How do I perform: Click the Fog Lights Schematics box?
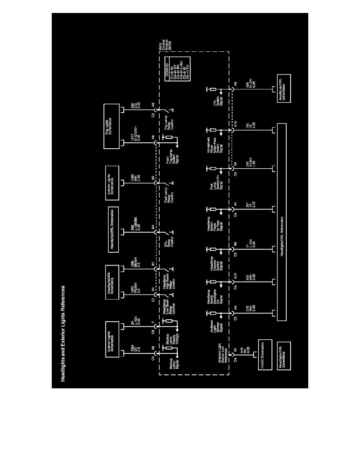pos(114,126)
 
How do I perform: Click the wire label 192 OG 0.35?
pos(136,110)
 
